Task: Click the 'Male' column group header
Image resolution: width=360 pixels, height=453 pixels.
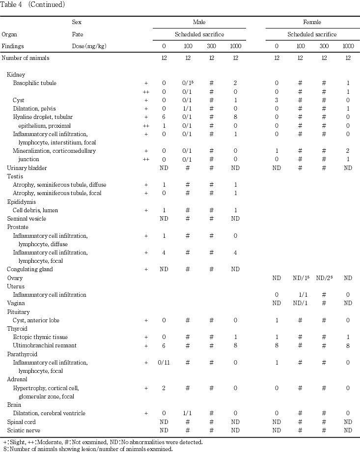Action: coord(199,23)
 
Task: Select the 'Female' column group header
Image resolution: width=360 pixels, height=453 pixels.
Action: coord(312,23)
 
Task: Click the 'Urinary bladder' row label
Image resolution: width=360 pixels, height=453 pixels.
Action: coord(23,168)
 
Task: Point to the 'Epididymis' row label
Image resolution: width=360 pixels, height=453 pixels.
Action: coord(22,201)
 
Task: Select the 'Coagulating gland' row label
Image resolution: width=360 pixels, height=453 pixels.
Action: coord(29,269)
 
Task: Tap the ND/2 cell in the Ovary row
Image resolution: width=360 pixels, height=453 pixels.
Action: coord(324,278)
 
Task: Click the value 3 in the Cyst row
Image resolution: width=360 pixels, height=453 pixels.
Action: coord(277,100)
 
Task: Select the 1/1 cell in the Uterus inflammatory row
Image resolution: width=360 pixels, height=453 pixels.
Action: coord(303,295)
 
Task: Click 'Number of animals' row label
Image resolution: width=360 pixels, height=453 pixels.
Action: coord(26,58)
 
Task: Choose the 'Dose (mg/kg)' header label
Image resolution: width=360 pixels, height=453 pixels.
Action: coord(89,46)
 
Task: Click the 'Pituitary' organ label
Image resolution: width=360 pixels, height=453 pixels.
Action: coord(18,312)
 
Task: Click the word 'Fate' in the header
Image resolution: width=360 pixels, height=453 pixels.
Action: coord(78,34)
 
